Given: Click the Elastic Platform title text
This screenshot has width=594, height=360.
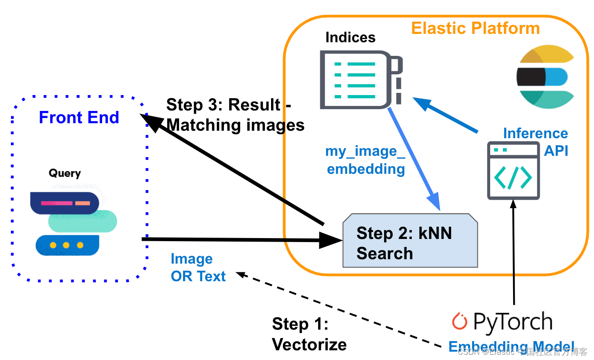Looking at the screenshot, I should (x=475, y=29).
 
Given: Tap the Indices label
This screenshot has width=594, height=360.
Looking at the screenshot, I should (x=350, y=37).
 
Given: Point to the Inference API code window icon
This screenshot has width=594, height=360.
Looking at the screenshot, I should (x=513, y=171).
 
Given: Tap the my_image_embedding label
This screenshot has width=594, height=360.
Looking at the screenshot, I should (x=365, y=160).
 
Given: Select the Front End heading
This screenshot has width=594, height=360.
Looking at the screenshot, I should (x=79, y=118).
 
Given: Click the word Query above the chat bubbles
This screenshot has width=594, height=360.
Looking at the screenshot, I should (x=65, y=173).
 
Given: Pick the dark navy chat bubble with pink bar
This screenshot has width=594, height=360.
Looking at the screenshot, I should (x=64, y=203).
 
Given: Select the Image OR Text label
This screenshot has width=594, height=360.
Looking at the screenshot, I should (x=198, y=268).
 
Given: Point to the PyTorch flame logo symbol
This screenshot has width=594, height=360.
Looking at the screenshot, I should (x=459, y=321).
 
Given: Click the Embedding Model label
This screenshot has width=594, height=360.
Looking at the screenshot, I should (x=510, y=347).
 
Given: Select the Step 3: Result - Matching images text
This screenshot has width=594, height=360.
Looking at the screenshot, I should (x=235, y=115).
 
